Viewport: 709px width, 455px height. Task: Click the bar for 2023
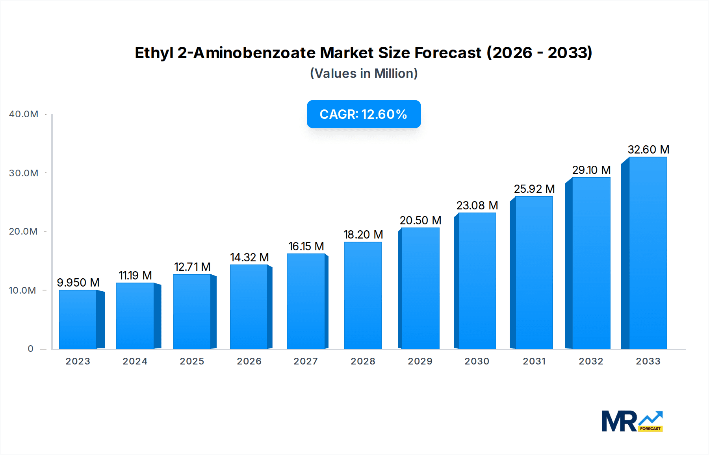coord(78,319)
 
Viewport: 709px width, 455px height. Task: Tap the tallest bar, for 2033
coord(648,253)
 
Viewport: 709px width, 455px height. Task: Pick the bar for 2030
coord(477,281)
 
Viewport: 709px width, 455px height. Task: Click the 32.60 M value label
coord(648,150)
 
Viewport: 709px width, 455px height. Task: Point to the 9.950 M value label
coord(78,283)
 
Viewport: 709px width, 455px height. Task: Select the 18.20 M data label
coord(363,235)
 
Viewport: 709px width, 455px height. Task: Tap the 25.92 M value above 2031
coord(534,189)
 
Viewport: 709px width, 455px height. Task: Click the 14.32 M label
coord(249,257)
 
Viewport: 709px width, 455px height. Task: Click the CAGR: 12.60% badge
coord(364,114)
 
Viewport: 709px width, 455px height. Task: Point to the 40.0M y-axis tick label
coord(24,114)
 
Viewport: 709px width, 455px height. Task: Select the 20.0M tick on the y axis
coord(23,231)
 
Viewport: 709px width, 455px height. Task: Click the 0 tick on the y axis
coord(31,349)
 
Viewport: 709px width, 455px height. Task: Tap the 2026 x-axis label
coord(249,361)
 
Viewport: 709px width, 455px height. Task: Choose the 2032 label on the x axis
coord(591,361)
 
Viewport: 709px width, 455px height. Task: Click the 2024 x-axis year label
coord(135,361)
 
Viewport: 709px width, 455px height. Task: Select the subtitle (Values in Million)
coord(364,74)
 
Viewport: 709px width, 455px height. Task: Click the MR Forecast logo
coord(632,421)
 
